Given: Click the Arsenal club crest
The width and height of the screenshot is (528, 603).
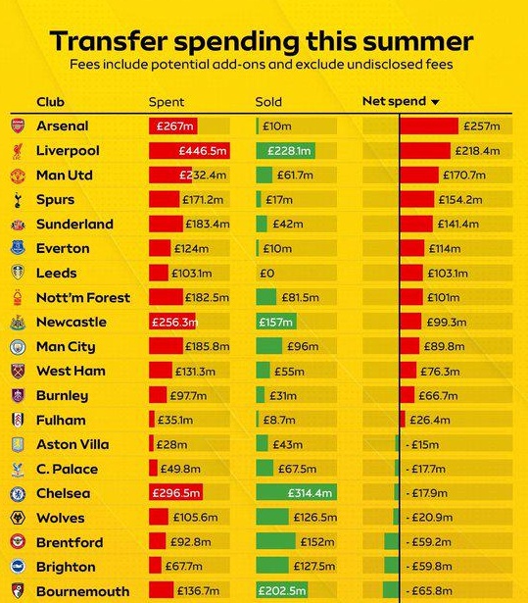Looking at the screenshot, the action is tap(18, 126).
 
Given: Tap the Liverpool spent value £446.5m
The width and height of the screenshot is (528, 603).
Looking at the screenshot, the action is tap(203, 151).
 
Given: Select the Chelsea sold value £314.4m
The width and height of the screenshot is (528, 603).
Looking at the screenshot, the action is tap(310, 493).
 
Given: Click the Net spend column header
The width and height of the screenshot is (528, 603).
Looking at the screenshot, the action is tap(394, 101).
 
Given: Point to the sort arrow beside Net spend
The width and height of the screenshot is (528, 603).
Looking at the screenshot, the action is tap(435, 102).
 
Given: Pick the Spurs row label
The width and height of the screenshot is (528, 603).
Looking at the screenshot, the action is tap(55, 200).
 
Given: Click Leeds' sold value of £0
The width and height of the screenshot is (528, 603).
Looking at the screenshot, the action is tap(267, 274).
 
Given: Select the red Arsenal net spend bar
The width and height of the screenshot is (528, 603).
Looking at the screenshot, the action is tap(429, 126).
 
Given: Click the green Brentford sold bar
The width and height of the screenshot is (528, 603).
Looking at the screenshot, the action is tap(275, 541).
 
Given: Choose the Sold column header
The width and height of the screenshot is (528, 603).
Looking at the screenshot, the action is tap(268, 102).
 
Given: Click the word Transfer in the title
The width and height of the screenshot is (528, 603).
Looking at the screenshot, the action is tap(109, 41).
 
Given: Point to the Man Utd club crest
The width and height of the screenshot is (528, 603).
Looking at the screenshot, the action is tap(18, 176).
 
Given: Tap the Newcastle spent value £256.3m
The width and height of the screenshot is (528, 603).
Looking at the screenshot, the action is tap(174, 323).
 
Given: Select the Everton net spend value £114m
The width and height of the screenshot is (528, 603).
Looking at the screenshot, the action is tap(445, 249).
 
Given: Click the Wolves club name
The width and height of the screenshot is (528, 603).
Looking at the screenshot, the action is tap(61, 518).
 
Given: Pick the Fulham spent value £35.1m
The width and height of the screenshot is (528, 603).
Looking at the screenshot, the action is tap(175, 420).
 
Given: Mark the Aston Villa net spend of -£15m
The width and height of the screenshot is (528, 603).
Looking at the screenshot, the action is tap(422, 444).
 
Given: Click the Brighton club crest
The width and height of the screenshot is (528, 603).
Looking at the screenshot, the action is tap(18, 567).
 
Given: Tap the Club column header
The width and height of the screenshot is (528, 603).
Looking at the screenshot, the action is tap(50, 102).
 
